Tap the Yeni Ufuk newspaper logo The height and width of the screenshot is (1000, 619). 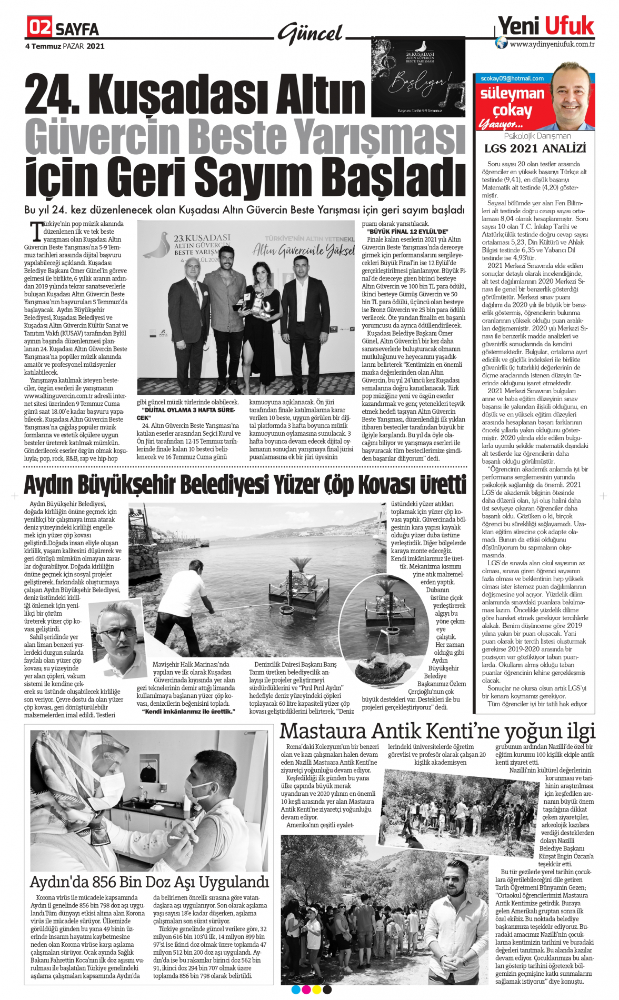point(546,25)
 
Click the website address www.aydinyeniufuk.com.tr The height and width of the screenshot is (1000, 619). point(552,44)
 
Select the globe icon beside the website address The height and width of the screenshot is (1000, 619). point(502,43)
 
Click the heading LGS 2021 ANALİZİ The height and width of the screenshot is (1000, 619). point(535,148)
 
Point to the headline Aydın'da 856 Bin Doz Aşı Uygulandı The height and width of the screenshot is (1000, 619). point(149,882)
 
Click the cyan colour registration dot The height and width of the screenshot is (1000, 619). point(295,989)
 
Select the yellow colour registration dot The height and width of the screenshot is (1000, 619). point(316,989)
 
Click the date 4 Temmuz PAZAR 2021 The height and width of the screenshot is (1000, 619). point(65,46)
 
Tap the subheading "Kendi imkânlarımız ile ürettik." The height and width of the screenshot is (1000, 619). point(188,712)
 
